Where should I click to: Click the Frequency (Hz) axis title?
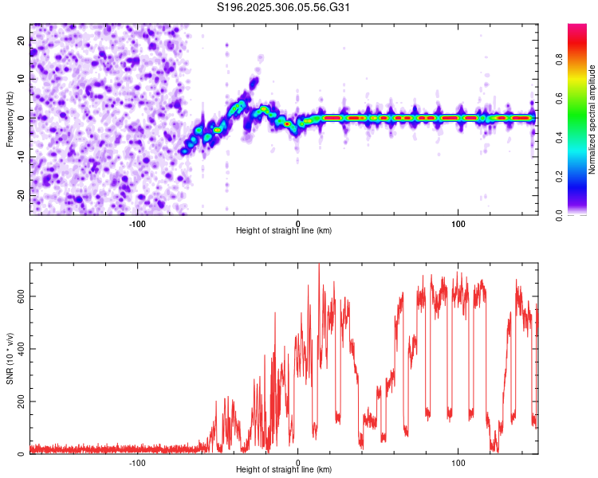click(9, 119)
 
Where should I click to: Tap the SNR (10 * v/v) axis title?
click(9, 358)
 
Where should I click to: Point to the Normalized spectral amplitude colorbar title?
click(592, 119)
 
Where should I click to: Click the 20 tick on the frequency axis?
click(22, 41)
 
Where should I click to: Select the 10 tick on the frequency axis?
click(22, 80)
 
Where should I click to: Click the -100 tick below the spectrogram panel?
click(137, 223)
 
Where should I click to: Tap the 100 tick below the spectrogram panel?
click(458, 223)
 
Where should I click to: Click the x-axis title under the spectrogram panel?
click(284, 230)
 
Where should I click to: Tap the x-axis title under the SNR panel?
click(284, 470)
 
